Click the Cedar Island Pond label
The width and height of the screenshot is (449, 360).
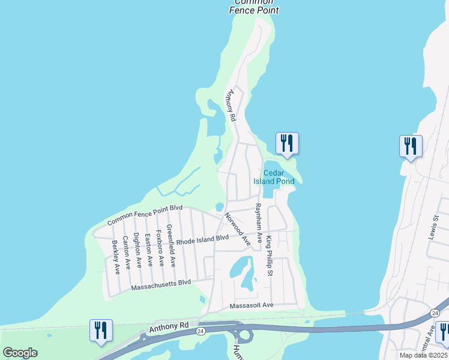277,177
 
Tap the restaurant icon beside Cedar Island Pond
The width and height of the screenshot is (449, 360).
287,143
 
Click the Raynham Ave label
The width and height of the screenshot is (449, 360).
258,222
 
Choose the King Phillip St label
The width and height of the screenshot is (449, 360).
270,256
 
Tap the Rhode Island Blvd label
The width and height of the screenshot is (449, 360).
199,239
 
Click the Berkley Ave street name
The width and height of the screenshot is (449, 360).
116,257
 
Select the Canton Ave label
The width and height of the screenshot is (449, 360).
127,253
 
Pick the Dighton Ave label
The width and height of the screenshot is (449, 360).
137,250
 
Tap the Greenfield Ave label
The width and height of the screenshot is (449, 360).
170,245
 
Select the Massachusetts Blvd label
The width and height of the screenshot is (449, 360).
160,285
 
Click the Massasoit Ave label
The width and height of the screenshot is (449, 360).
252,305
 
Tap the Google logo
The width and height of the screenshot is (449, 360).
20,353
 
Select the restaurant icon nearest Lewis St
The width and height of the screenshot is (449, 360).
411,146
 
